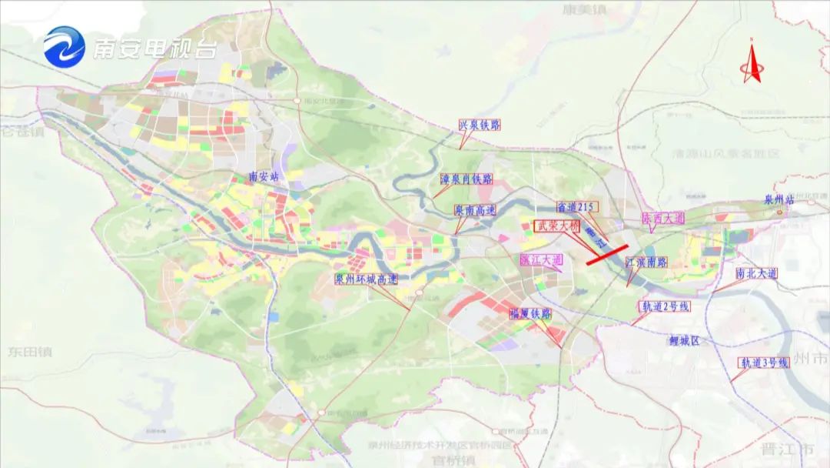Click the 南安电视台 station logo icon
pyautogui.click(x=65, y=48)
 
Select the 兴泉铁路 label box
pyautogui.click(x=479, y=125)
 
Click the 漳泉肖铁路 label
pyautogui.click(x=466, y=179)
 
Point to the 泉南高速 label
pyautogui.click(x=475, y=209)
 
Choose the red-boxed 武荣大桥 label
pyautogui.click(x=558, y=226)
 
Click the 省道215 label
pyautogui.click(x=577, y=206)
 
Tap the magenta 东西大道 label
pyautogui.click(x=662, y=219)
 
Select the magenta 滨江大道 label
pyautogui.click(x=541, y=260)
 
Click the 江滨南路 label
pyautogui.click(x=646, y=262)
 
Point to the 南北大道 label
pyautogui.click(x=756, y=273)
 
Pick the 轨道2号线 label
pyautogui.click(x=664, y=306)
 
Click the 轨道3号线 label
pyautogui.click(x=764, y=362)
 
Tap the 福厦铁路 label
pyautogui.click(x=530, y=314)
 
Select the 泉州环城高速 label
pyautogui.click(x=367, y=279)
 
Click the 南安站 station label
pyautogui.click(x=266, y=176)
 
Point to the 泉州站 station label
pyautogui.click(x=778, y=199)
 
